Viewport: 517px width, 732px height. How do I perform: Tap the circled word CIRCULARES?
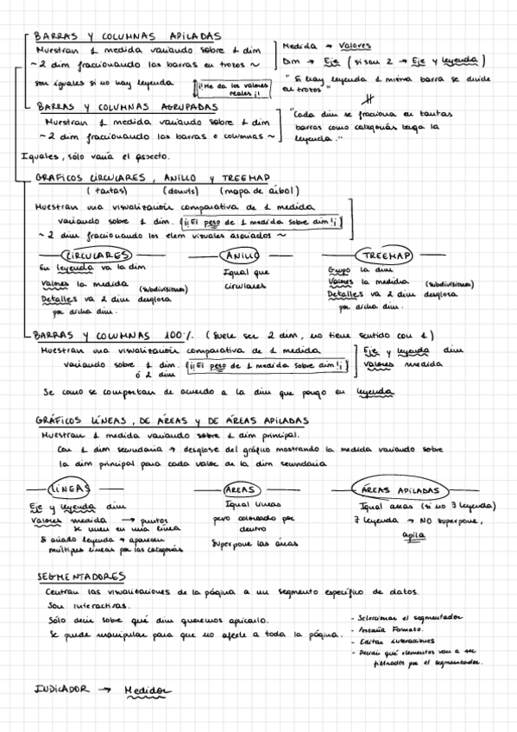click(96, 256)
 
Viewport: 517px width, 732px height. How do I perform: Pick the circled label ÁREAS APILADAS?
click(401, 489)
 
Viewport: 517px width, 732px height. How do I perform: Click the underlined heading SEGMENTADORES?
click(83, 577)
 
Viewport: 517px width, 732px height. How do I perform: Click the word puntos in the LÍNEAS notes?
click(153, 521)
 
